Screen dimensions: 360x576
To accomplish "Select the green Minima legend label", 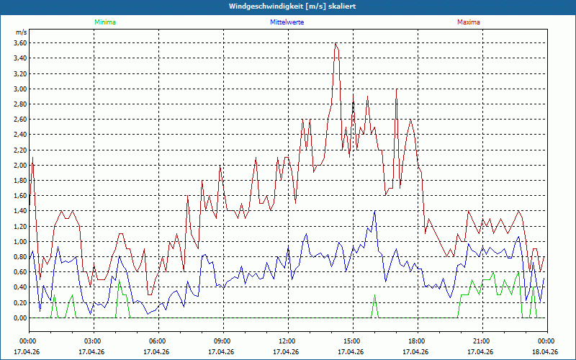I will coord(104,22).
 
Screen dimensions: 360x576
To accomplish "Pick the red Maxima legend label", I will coord(468,22).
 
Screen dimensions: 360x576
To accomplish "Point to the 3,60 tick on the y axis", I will coord(19,43).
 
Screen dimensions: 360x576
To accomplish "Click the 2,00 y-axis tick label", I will coord(19,166).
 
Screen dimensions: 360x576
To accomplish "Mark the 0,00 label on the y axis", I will coord(19,318).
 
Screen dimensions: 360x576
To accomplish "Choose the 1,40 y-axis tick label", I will coord(19,211).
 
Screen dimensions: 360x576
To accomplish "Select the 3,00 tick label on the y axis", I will coord(19,89).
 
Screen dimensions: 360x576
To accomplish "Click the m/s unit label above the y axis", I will coord(21,33).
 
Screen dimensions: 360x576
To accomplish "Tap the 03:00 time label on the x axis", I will coord(93,341).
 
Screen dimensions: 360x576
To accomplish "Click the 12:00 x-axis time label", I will coord(287,341).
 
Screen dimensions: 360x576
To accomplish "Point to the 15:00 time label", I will coord(352,341).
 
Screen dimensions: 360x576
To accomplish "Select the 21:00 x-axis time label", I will coord(482,341).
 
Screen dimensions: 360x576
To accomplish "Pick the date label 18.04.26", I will coord(546,352).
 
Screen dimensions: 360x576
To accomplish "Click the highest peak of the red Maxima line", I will coord(336,44).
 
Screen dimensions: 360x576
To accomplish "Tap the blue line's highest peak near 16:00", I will coord(374,211).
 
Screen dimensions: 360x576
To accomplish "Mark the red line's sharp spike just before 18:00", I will coord(396,90).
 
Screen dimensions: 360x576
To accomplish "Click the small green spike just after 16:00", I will coord(374,295).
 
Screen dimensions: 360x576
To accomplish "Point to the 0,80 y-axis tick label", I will coord(19,257).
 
